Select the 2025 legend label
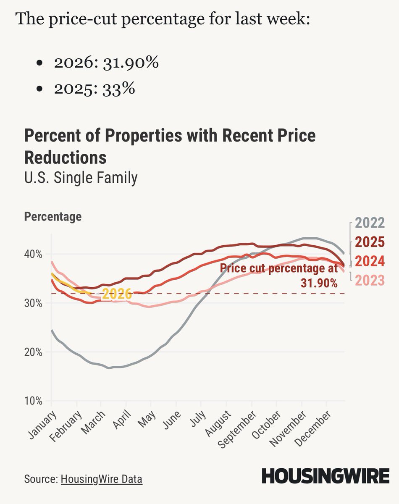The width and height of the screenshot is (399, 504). (370, 242)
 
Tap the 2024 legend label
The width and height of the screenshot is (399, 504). (370, 262)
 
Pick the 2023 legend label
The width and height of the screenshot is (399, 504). (370, 280)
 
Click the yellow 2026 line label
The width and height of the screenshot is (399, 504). (117, 294)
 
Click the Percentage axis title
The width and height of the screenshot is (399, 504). (53, 217)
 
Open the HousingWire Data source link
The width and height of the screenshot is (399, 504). (102, 479)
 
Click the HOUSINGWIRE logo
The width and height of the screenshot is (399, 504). (325, 476)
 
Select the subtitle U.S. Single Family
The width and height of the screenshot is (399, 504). (81, 178)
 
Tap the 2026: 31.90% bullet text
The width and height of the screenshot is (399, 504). (106, 63)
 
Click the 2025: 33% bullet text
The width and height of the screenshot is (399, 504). (94, 89)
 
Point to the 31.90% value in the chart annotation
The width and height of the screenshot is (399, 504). (319, 283)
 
